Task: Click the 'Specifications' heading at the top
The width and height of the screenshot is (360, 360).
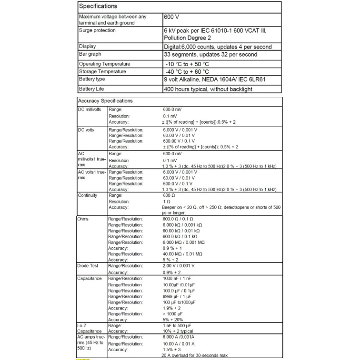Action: (x=98, y=6)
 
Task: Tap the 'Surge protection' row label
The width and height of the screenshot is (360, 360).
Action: (x=97, y=31)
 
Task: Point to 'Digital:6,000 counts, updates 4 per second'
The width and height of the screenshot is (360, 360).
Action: (x=217, y=47)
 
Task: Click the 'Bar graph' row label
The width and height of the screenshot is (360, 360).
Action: (x=90, y=54)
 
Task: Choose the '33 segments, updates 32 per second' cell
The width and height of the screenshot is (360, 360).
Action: (x=210, y=55)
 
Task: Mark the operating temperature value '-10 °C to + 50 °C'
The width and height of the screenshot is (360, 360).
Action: (x=186, y=64)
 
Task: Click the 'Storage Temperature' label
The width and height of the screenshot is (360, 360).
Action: (x=102, y=71)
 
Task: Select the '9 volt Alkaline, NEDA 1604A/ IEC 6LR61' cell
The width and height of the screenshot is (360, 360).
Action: (x=214, y=80)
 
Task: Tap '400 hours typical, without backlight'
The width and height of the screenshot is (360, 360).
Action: (x=208, y=89)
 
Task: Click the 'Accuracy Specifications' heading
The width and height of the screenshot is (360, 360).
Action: (x=105, y=101)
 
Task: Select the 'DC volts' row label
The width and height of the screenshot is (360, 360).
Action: (x=86, y=130)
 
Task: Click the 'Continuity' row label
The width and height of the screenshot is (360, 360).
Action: (x=87, y=196)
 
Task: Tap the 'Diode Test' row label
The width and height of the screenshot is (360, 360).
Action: (x=88, y=266)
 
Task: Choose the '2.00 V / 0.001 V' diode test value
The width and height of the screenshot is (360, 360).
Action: (x=178, y=266)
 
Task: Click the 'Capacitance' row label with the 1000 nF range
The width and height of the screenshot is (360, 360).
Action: (x=89, y=278)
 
